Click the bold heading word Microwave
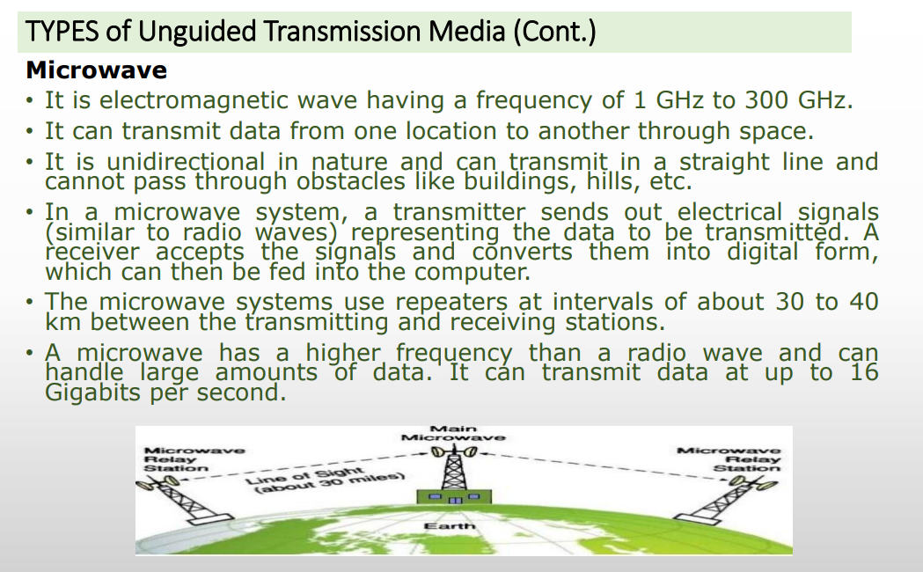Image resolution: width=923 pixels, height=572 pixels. (x=97, y=70)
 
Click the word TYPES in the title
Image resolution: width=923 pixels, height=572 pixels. (x=62, y=31)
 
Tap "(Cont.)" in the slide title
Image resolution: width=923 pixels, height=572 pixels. (x=554, y=32)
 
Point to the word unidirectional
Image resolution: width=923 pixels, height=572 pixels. (x=186, y=162)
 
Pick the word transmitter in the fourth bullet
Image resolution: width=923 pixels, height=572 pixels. (x=459, y=212)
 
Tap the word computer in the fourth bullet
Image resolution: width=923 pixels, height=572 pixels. (x=472, y=273)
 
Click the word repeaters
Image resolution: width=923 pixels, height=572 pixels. (x=451, y=303)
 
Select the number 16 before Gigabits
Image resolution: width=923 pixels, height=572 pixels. (x=864, y=372)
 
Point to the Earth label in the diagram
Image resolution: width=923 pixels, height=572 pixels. (x=449, y=525)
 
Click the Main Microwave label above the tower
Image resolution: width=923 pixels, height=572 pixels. (x=452, y=433)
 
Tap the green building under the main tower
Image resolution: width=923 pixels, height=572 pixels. (x=454, y=496)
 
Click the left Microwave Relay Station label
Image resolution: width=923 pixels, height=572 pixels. (x=194, y=459)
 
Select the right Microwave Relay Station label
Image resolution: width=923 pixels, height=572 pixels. (x=729, y=459)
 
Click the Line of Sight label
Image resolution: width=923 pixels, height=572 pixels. (x=325, y=480)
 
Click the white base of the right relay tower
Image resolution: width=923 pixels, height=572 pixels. (x=696, y=517)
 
